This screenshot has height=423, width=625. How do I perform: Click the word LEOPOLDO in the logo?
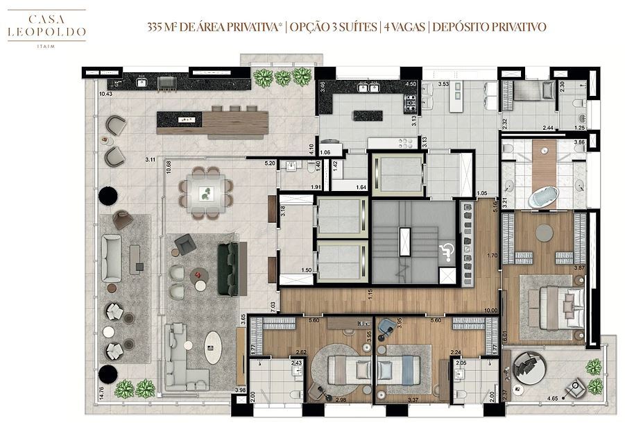[47, 31]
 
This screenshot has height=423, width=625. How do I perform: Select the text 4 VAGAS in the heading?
[404, 27]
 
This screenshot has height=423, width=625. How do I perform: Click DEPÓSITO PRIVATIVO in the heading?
[488, 27]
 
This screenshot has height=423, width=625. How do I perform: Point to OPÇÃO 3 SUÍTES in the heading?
[333, 27]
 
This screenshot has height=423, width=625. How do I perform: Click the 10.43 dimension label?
[105, 94]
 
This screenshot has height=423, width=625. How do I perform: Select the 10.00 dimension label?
[491, 310]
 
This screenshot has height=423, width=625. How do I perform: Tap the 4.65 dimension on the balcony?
[553, 399]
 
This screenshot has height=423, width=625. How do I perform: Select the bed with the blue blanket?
[400, 367]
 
